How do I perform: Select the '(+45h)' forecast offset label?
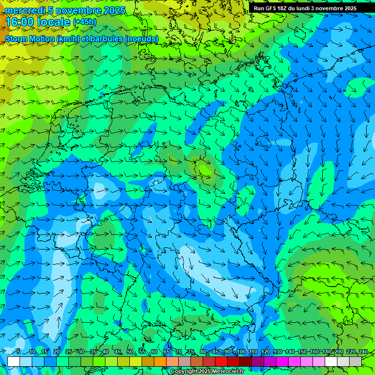(x=84, y=22)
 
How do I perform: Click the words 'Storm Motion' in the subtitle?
(x=30, y=39)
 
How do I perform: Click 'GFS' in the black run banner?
(x=271, y=8)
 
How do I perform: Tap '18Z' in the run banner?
(x=283, y=8)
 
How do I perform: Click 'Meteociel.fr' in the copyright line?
(x=229, y=372)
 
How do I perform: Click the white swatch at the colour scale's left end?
(x=14, y=361)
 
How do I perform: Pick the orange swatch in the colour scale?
(x=160, y=361)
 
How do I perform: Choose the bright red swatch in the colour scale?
(x=221, y=361)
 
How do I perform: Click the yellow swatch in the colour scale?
(x=136, y=361)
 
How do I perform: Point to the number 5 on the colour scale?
(x=18, y=352)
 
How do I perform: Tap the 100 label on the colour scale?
(x=241, y=352)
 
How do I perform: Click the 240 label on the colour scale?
(x=363, y=352)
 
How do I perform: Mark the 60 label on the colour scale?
(x=154, y=352)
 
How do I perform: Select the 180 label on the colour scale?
(x=326, y=352)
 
